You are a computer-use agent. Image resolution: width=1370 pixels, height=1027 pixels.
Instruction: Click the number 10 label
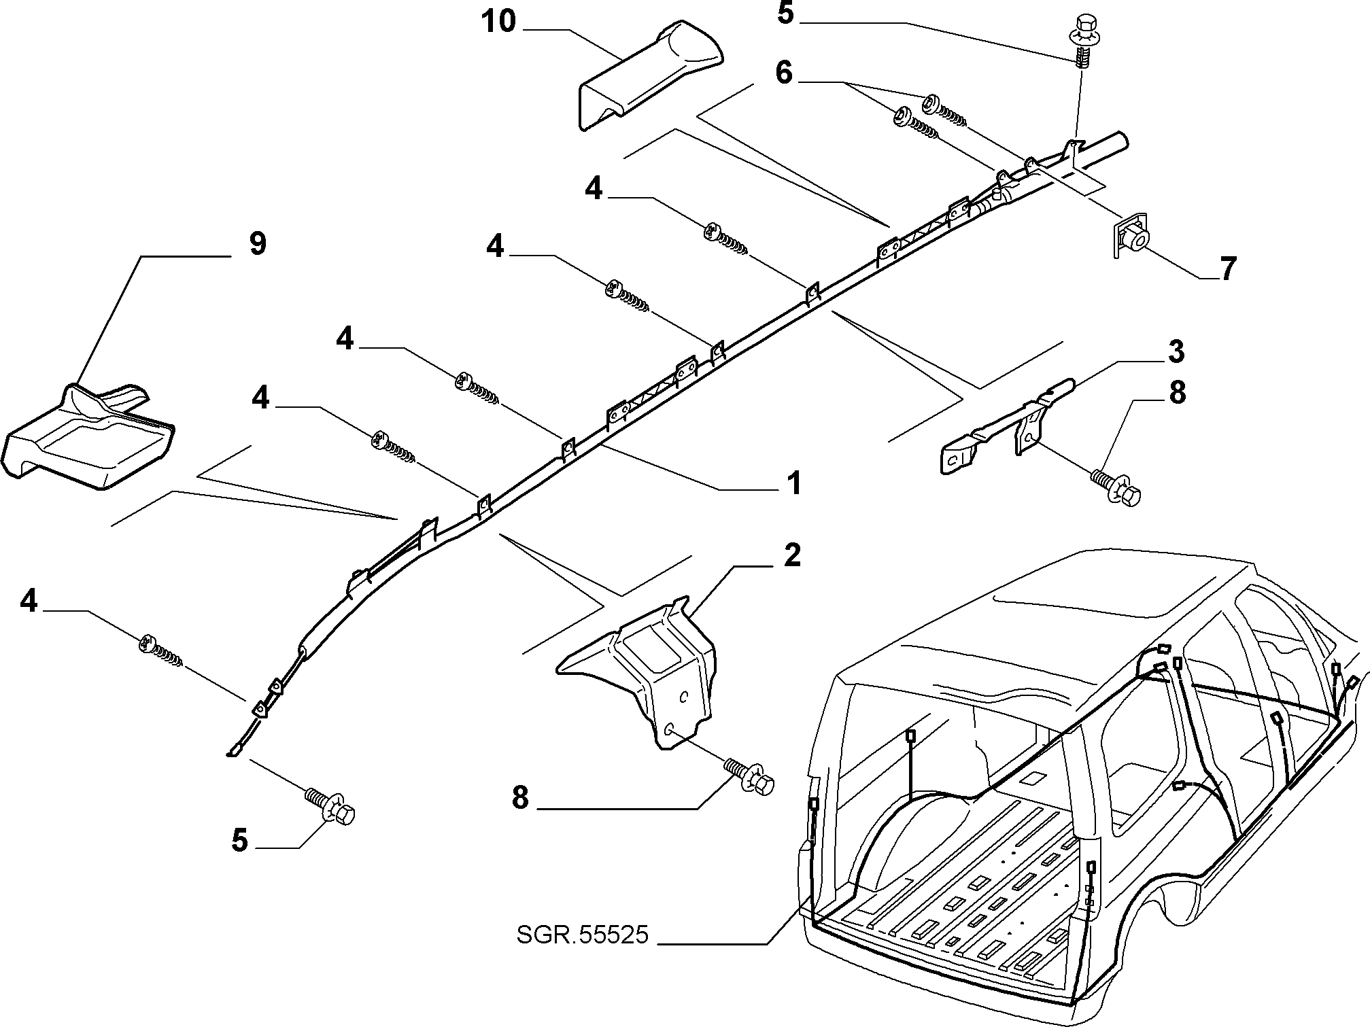(499, 22)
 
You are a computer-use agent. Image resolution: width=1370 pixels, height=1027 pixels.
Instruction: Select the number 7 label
(1227, 270)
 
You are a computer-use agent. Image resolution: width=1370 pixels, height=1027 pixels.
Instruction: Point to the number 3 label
(1176, 352)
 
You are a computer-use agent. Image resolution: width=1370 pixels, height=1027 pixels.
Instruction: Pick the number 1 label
(793, 483)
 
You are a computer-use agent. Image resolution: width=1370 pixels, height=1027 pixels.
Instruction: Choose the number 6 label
(784, 73)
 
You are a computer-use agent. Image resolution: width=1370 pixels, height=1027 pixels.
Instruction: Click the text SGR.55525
(583, 935)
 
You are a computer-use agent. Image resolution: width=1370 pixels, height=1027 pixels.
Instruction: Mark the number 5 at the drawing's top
(785, 14)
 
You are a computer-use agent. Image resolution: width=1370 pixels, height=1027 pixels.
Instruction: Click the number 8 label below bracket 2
(520, 799)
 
